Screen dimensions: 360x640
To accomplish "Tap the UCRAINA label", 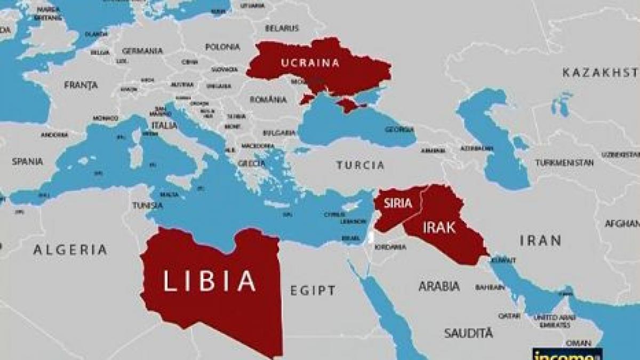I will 310,62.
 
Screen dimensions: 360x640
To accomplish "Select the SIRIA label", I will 394,203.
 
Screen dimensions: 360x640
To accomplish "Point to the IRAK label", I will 439,228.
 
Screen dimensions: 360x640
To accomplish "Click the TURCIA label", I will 361,165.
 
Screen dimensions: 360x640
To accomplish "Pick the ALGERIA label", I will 70,249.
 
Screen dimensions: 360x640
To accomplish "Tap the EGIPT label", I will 313,291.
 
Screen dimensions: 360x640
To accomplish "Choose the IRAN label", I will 540,241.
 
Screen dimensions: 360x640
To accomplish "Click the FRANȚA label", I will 81,85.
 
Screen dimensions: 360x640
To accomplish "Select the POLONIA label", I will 222,47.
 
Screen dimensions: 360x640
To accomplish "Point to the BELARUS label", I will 281,27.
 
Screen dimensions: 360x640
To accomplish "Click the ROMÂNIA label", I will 268,99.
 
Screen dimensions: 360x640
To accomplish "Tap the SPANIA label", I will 27,160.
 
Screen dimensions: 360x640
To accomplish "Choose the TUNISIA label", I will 148,205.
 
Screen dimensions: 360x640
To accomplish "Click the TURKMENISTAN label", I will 564,162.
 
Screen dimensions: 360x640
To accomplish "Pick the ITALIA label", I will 164,125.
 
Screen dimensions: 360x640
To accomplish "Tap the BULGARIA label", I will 279,132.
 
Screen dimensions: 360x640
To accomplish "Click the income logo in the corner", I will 566,354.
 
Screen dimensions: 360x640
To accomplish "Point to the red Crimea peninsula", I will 349,105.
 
